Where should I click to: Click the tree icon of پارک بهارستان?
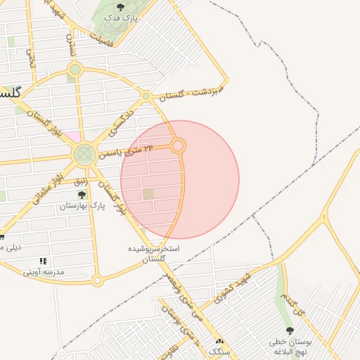[82, 195]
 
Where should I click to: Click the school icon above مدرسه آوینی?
[43, 261]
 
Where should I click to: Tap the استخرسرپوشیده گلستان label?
[153, 254]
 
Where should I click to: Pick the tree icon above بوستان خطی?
[290, 331]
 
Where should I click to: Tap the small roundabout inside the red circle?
[179, 146]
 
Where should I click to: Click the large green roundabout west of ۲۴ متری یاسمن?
[84, 153]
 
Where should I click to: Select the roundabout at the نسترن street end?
[75, 70]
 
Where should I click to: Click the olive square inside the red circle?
[148, 194]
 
